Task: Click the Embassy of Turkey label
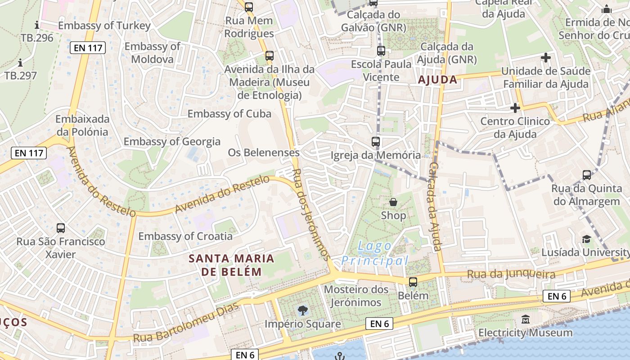coord(104,26)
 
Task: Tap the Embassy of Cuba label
coord(229,113)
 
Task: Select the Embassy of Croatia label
coord(185,236)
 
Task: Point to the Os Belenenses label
coord(264,153)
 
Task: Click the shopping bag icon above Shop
coord(393,202)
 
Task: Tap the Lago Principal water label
coord(375,253)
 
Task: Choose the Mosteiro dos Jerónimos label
coord(356,296)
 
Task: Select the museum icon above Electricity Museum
coord(525,319)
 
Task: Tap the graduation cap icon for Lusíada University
coord(586,239)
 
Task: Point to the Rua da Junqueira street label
coord(511,274)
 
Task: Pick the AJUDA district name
coord(437,80)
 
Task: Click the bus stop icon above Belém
coord(413,282)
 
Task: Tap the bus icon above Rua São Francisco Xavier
coord(61,228)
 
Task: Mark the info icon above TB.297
coord(20,63)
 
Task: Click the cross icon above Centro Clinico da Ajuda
coord(515,108)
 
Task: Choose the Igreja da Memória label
coord(376,155)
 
